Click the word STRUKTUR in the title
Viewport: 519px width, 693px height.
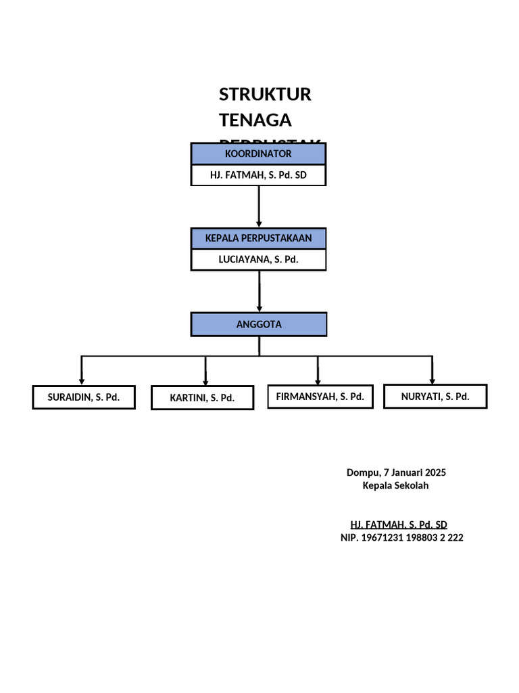point(265,95)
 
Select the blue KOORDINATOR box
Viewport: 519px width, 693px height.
point(258,154)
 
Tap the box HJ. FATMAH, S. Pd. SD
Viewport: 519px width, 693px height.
point(258,175)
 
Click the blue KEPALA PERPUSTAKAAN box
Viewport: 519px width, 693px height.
point(258,238)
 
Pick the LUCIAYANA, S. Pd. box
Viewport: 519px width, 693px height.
point(258,260)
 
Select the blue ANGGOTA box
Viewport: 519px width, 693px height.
point(259,324)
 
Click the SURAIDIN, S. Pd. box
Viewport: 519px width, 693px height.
point(83,397)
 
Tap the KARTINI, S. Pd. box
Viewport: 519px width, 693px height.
point(202,398)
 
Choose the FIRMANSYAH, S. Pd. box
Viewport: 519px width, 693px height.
point(320,397)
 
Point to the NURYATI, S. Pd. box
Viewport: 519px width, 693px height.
point(435,397)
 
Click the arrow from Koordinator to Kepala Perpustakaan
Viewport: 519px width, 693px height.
point(259,206)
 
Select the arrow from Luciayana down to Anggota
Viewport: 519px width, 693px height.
point(259,291)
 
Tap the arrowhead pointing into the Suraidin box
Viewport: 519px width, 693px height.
point(82,380)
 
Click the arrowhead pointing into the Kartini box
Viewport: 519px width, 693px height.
point(205,382)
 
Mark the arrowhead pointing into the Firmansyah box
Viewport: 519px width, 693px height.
point(318,380)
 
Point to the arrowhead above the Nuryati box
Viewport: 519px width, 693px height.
point(432,380)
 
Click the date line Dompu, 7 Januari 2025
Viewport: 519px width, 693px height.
point(396,472)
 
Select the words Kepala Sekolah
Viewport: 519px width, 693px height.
point(396,485)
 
